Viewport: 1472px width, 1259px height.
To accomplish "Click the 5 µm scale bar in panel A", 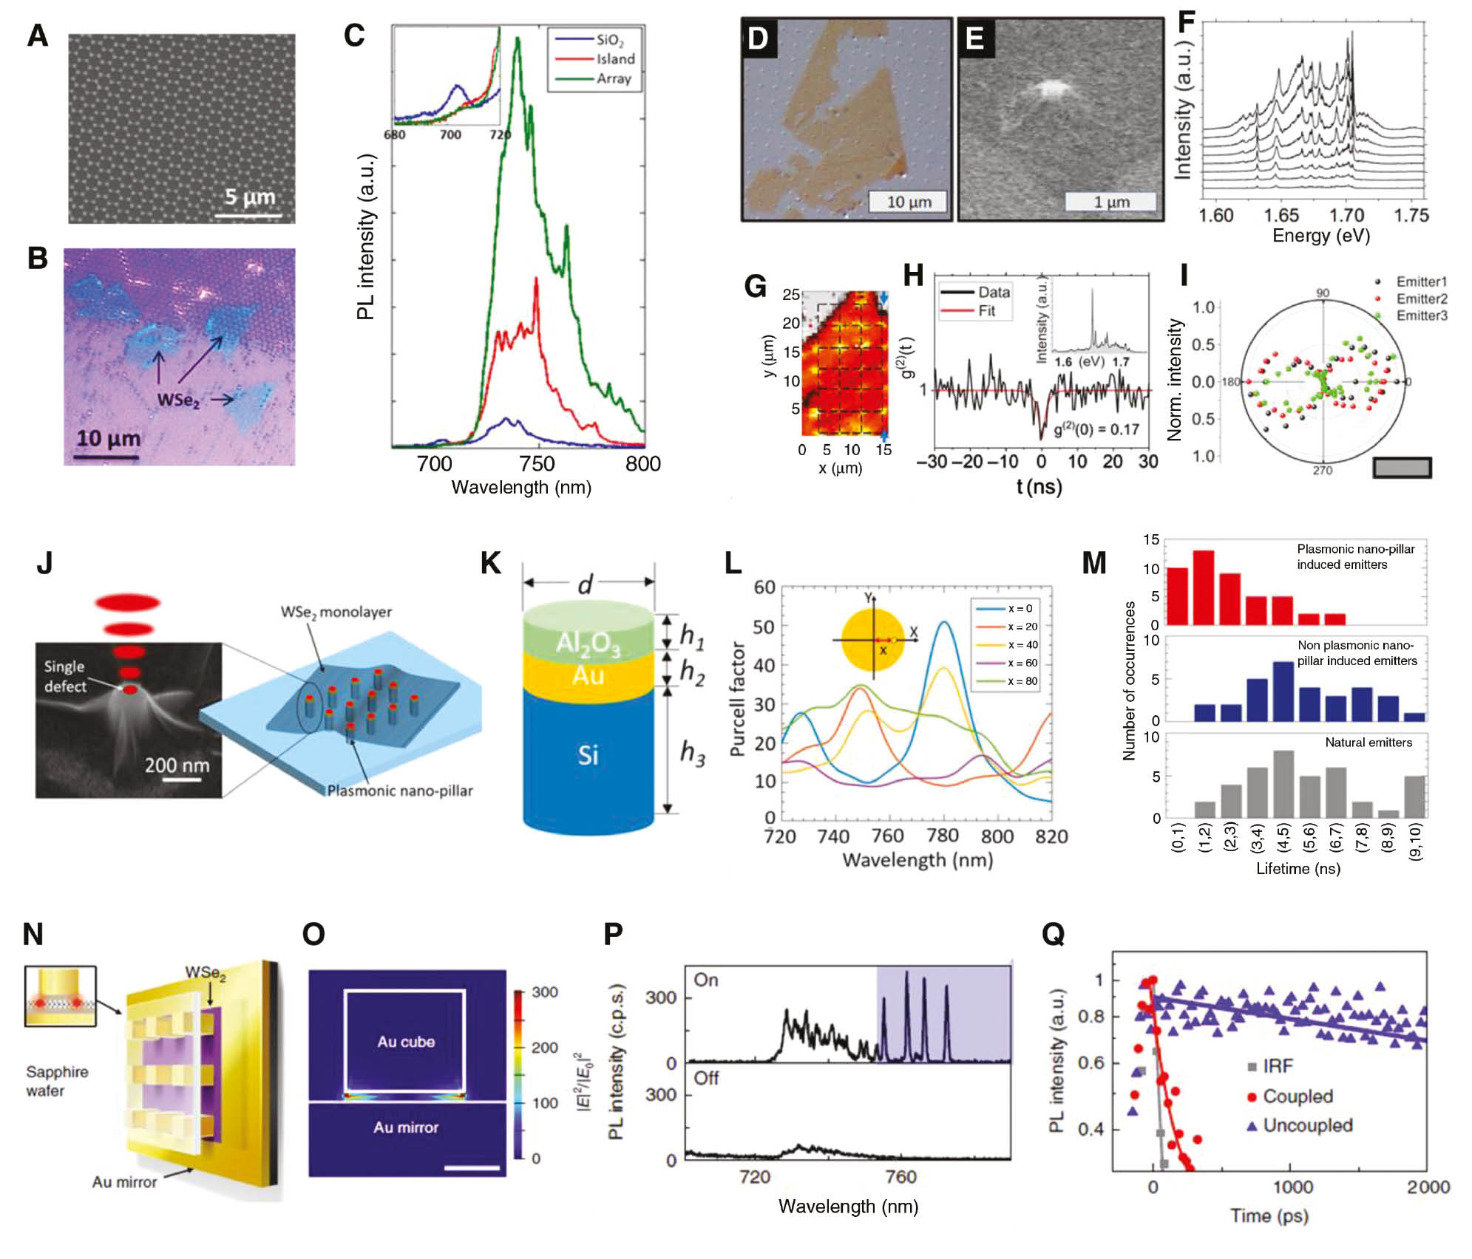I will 248,215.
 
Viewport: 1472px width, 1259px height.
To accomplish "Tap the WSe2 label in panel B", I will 178,400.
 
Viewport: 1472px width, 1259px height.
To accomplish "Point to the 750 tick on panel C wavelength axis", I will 537,463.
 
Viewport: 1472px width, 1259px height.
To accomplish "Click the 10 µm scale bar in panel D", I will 909,202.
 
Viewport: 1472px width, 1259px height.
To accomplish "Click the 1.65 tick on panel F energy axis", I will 1281,215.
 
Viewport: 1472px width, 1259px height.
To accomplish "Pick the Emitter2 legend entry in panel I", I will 1421,298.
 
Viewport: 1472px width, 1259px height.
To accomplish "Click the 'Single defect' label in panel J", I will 65,676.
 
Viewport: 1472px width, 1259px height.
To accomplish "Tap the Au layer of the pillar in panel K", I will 588,675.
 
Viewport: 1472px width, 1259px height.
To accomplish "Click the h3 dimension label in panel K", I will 693,753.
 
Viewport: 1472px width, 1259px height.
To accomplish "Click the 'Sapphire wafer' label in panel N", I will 56,1081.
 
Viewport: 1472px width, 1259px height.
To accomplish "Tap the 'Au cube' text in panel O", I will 406,1042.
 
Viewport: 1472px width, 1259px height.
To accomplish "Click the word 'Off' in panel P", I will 706,1078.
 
